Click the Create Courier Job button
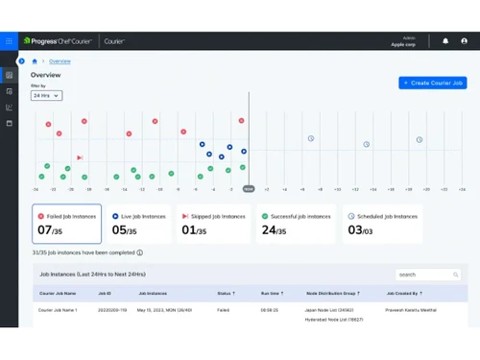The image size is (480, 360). [x=432, y=84]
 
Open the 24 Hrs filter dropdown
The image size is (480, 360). [x=46, y=95]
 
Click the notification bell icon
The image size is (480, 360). [x=445, y=41]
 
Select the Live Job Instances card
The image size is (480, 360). [x=138, y=224]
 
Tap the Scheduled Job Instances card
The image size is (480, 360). [x=382, y=224]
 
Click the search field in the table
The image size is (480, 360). [x=429, y=275]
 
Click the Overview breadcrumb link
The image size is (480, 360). [x=60, y=60]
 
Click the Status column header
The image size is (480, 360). [x=225, y=293]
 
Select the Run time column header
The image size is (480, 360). [x=270, y=293]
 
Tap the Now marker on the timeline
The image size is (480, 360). [x=249, y=189]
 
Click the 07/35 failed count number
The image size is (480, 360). [x=51, y=231]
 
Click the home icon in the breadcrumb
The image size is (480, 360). [x=36, y=60]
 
